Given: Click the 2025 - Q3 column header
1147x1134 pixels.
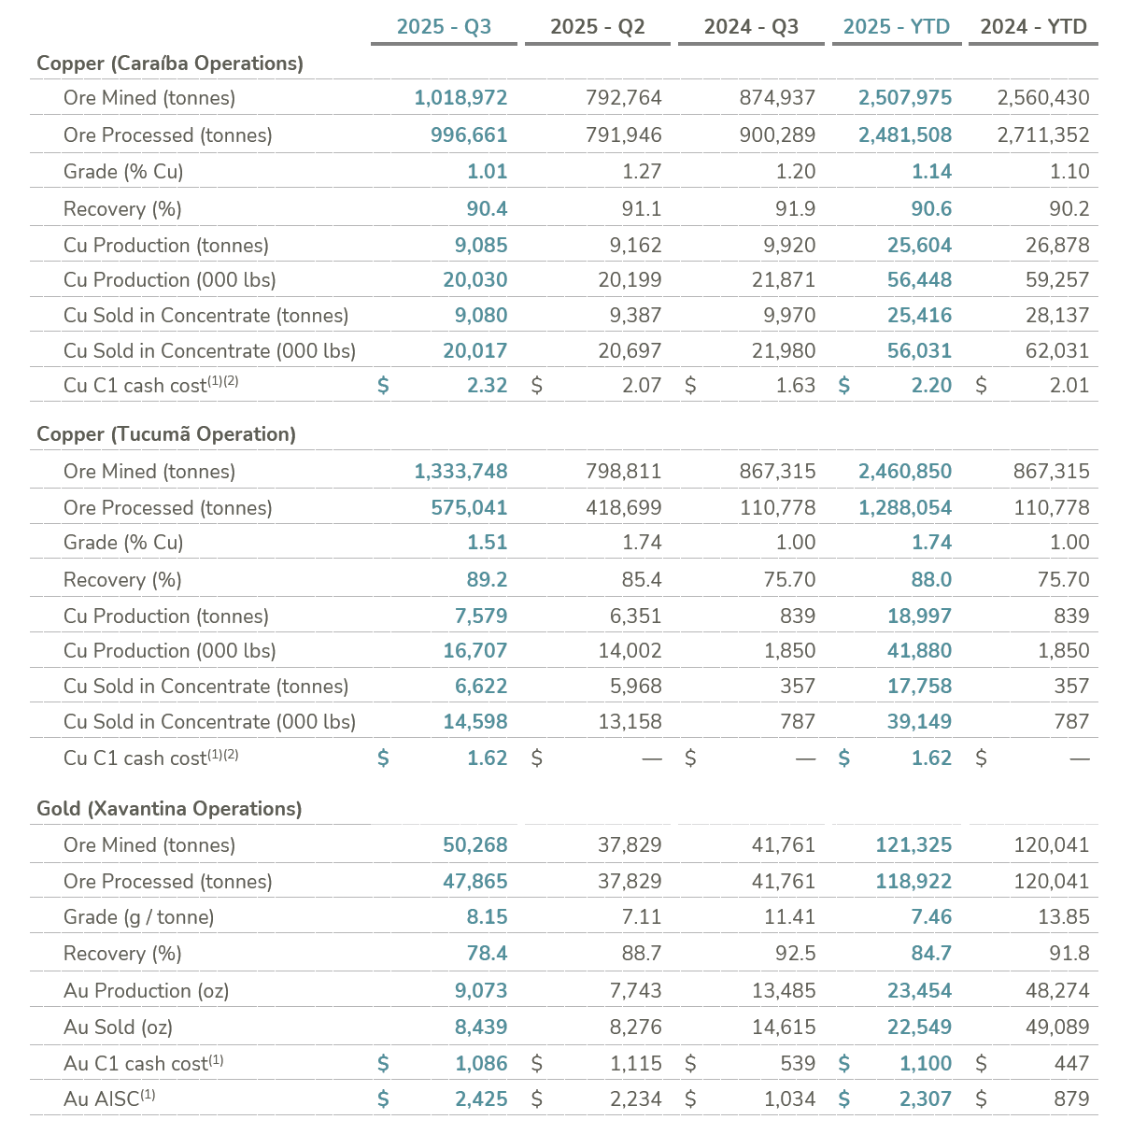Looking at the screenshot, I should [x=444, y=26].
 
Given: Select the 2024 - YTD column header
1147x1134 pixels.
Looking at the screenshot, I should [x=1033, y=26].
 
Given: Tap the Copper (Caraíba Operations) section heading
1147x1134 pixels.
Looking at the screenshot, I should [x=170, y=64].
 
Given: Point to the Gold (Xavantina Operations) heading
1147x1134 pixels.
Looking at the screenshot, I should [x=169, y=809].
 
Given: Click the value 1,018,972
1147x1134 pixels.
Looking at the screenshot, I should [x=460, y=98].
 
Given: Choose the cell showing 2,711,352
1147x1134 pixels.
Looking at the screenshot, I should [x=1043, y=135].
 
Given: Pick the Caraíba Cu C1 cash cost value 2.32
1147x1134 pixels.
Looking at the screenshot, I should [x=487, y=386].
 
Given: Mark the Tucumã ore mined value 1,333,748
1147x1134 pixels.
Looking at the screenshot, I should [x=460, y=472].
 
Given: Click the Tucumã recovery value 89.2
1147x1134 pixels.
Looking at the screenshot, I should [x=487, y=580].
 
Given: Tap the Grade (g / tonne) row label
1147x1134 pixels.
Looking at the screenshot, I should [x=138, y=917].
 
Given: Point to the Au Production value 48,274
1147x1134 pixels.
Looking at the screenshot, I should [x=1052, y=991].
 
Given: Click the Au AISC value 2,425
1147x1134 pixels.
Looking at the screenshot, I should [x=481, y=1099].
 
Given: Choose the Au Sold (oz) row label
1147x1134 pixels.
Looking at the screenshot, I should [x=118, y=1028].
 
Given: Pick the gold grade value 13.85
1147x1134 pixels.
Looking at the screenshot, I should [x=1063, y=917].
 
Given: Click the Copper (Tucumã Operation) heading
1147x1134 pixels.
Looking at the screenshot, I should [x=166, y=434].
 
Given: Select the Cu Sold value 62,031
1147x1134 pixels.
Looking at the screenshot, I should [x=1057, y=351].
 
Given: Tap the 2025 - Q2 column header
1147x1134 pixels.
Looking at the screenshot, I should [x=598, y=26].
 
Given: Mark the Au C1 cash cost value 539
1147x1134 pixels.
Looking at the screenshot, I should [x=796, y=1064].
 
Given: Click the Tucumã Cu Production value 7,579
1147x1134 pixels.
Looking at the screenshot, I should [x=481, y=617].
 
